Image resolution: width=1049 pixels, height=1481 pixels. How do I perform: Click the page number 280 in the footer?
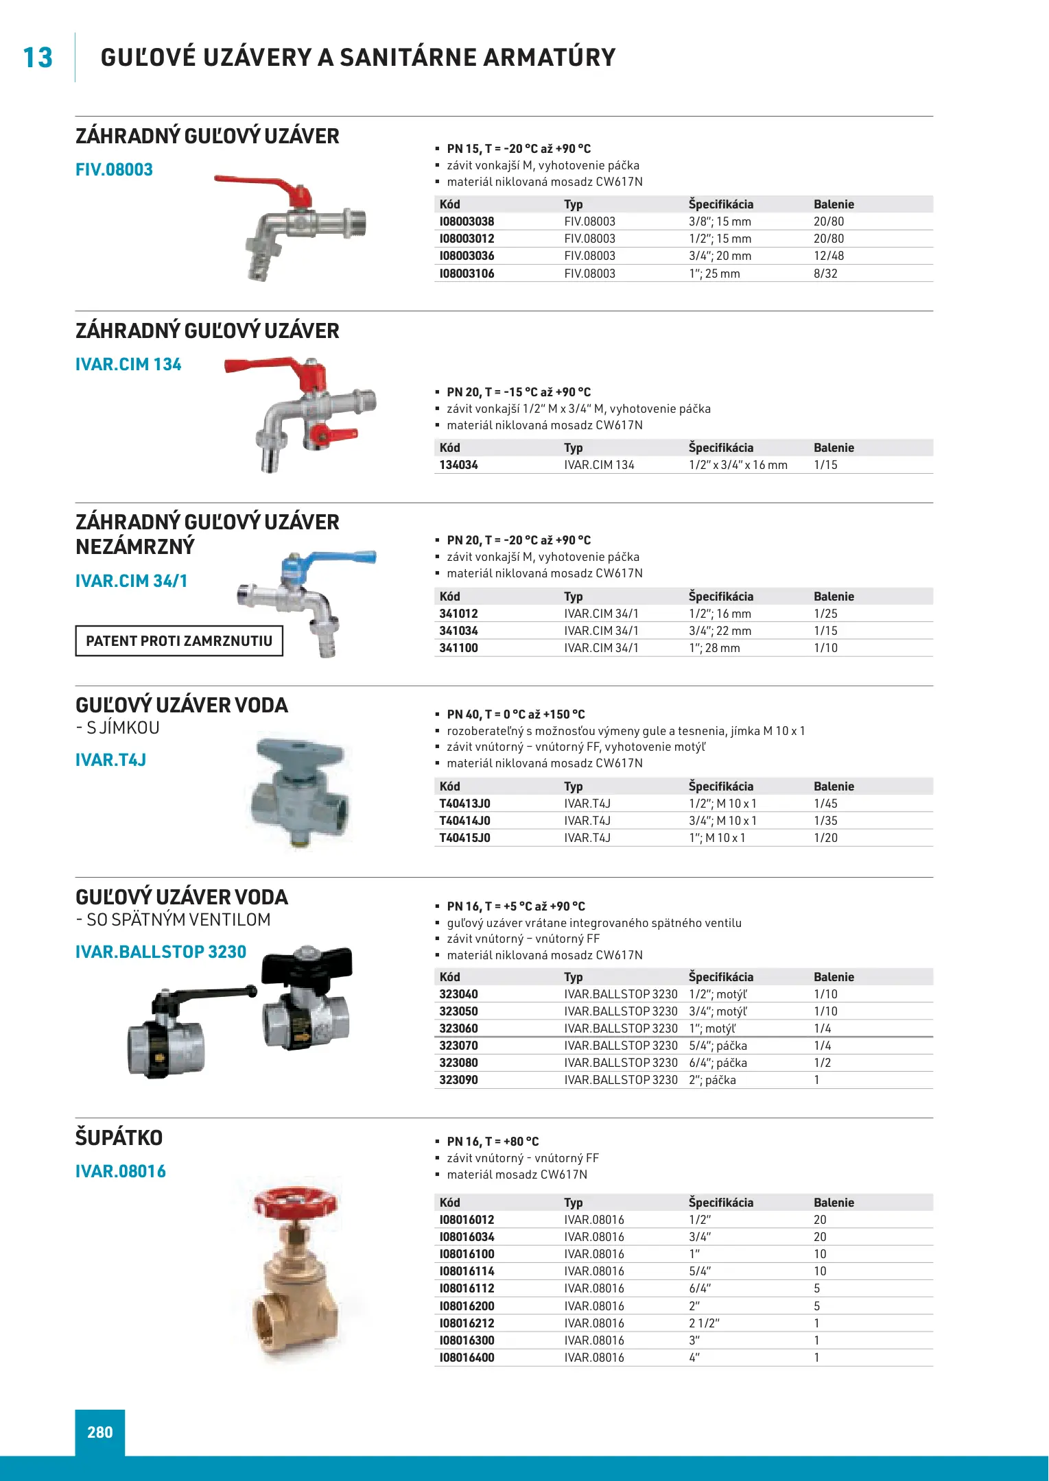(100, 1432)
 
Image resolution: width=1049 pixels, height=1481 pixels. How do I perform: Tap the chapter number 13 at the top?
(38, 58)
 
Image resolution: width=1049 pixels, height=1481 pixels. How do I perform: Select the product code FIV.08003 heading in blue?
(114, 170)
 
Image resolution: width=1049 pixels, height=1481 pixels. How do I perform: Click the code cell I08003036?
(467, 256)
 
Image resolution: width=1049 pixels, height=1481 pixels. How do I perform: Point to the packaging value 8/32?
(825, 274)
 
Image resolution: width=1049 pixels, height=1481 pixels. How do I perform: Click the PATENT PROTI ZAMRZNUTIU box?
(179, 641)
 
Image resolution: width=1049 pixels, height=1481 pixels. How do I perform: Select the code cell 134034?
(458, 465)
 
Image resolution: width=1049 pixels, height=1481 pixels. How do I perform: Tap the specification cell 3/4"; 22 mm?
(720, 631)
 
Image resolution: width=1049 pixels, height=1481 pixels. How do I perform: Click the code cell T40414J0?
(464, 821)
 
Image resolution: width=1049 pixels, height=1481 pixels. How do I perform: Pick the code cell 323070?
(458, 1046)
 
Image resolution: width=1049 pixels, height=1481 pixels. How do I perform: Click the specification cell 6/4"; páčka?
(718, 1063)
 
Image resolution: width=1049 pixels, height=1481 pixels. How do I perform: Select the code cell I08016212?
(467, 1323)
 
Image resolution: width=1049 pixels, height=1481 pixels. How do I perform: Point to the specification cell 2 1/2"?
(704, 1323)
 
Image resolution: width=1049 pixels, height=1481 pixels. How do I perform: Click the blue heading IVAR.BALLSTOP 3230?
(161, 952)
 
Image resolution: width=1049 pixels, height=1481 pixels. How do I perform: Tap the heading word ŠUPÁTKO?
(119, 1138)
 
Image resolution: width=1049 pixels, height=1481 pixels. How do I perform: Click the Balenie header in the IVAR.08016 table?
(834, 1203)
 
